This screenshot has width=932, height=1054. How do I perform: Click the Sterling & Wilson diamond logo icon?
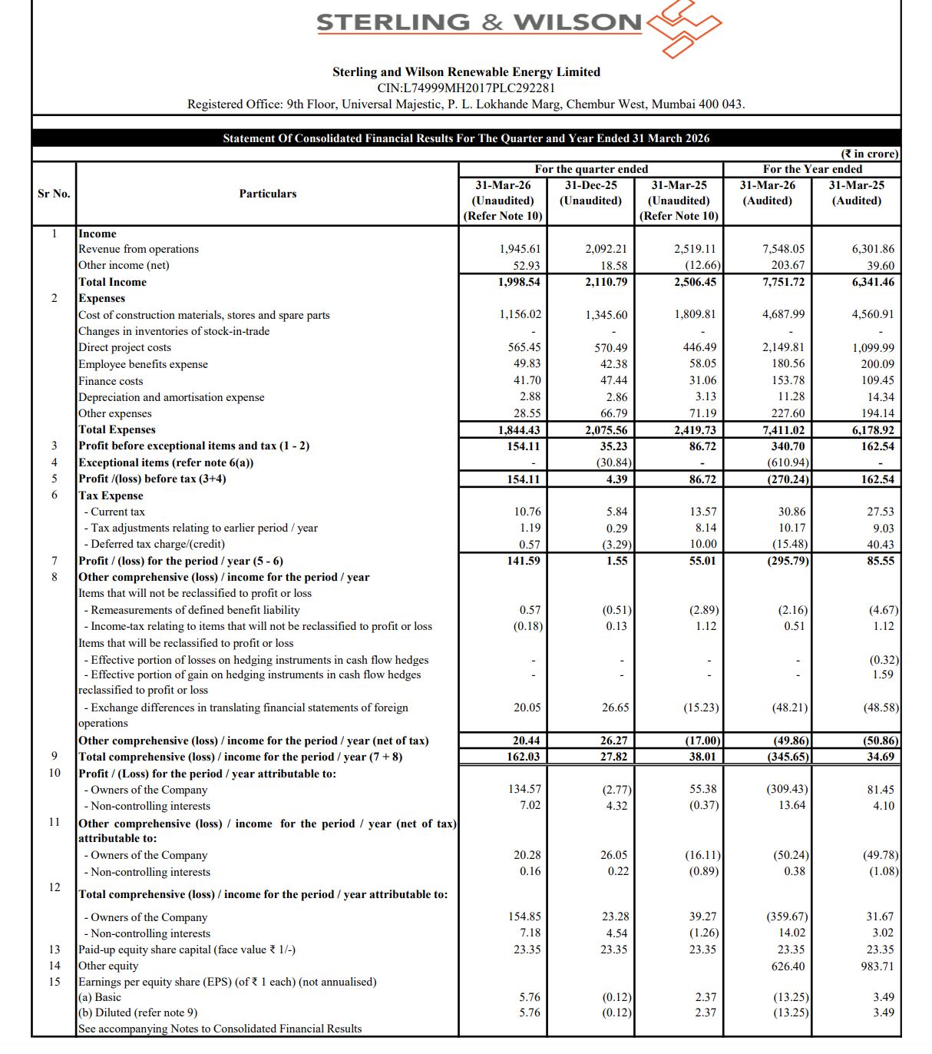click(x=683, y=28)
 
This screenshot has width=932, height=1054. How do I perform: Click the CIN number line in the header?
click(x=466, y=88)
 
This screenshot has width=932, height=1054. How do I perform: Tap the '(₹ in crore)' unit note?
click(x=870, y=154)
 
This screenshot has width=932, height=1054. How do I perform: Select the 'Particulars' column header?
click(x=267, y=194)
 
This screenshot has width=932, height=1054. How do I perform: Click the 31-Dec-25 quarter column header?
click(x=590, y=193)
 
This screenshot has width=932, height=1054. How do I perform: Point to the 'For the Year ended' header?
click(x=812, y=169)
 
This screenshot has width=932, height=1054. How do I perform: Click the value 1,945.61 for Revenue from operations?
click(x=520, y=249)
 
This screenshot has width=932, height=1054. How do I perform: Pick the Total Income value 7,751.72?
click(x=783, y=282)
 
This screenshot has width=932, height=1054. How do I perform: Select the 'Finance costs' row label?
click(x=111, y=381)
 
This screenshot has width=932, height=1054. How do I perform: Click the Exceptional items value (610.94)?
click(x=788, y=462)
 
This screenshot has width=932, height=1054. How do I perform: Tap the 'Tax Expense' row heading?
click(x=111, y=496)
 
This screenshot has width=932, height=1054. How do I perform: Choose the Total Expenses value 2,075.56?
click(x=606, y=430)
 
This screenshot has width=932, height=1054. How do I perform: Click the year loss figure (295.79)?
click(x=788, y=561)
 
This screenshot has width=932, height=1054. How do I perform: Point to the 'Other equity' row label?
click(x=108, y=966)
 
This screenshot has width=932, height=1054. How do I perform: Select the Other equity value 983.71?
click(x=877, y=966)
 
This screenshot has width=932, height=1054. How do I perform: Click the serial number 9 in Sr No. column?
click(x=55, y=756)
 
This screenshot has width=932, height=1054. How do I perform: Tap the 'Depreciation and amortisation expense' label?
click(x=171, y=397)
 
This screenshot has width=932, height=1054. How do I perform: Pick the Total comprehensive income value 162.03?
click(x=523, y=757)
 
